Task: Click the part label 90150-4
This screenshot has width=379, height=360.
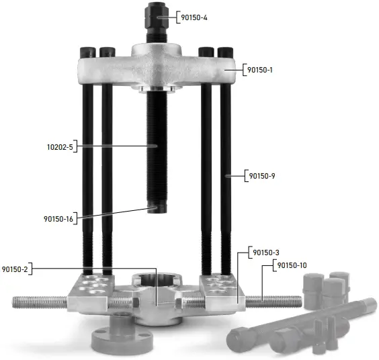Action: [194, 17]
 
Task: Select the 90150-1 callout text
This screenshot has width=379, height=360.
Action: [260, 70]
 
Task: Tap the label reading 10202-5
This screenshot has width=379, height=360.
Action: [60, 147]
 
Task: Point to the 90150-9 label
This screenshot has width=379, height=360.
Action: [262, 176]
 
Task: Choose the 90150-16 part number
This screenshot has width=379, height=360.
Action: [58, 219]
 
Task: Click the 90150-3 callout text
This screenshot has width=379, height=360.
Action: [266, 253]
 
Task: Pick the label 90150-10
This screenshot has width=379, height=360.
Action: [292, 265]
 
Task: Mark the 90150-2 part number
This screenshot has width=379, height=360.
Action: [15, 269]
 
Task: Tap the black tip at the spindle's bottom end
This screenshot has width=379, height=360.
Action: [157, 208]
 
